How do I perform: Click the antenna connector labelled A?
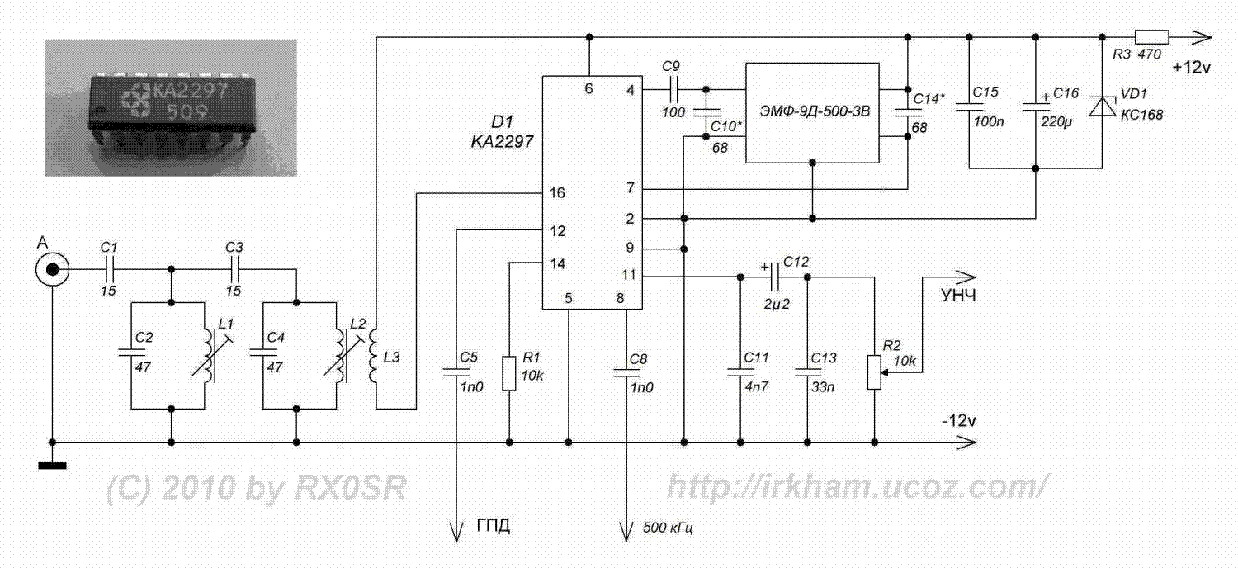[52, 269]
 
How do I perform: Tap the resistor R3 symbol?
[1151, 36]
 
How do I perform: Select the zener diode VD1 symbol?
[1102, 106]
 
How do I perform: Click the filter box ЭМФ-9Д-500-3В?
[812, 111]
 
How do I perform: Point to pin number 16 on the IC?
[557, 193]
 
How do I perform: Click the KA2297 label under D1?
[499, 141]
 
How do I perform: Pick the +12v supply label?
[1192, 68]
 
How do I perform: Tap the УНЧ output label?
[957, 296]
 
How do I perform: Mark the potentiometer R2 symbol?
[874, 372]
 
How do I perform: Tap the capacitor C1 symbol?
[110, 269]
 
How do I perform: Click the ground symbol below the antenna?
[52, 465]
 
